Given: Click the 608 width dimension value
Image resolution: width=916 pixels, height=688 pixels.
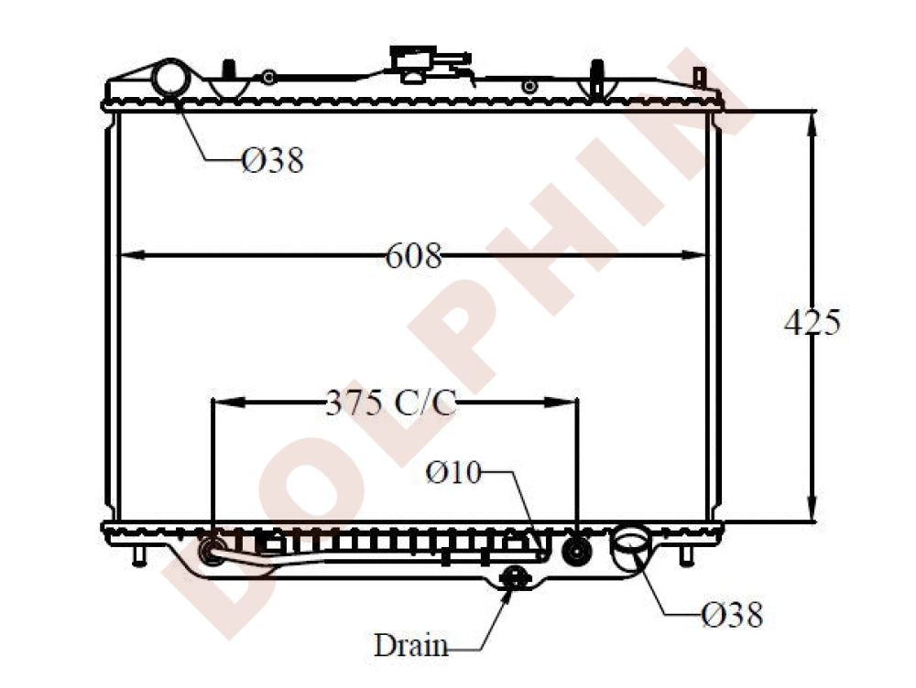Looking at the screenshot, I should [x=413, y=256].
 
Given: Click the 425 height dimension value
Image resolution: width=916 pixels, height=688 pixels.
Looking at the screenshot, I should [x=812, y=322].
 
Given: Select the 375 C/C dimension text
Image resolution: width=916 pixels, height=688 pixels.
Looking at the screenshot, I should [x=390, y=403].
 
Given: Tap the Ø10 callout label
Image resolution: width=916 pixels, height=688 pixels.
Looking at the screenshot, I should [x=453, y=472].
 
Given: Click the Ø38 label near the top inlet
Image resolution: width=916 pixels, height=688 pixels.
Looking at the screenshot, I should [x=272, y=161].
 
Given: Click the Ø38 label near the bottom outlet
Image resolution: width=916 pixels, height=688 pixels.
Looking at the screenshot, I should [x=732, y=615].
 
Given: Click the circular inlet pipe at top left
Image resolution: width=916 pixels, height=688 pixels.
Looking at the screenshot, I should [x=171, y=78].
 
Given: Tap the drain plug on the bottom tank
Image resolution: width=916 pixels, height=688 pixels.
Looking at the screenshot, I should [x=515, y=577].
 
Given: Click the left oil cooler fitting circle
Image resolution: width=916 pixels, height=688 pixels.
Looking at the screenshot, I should [x=212, y=551].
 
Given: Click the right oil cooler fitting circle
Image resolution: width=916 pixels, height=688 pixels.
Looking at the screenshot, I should [x=576, y=551].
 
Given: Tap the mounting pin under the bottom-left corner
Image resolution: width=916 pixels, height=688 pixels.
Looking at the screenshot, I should [x=139, y=555].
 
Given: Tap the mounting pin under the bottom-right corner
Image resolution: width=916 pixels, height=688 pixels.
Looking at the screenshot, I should [x=686, y=555].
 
